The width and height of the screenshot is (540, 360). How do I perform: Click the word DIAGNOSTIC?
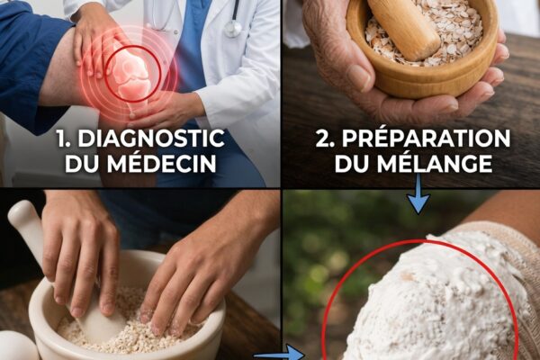pos(151,139)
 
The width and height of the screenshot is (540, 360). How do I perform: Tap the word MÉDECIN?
pos(161,164)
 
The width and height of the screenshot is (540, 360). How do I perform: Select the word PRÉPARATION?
pos(426,139)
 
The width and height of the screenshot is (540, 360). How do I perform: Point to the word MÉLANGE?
pos(435,164)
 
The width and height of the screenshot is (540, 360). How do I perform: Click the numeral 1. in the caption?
pos(65,139)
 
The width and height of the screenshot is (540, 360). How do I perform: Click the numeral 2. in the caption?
pos(326,139)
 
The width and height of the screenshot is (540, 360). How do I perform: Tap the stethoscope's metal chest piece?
pos(233,29)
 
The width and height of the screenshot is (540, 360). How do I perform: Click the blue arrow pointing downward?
pos(418,193)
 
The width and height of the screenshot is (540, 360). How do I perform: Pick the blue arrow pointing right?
pos(279,355)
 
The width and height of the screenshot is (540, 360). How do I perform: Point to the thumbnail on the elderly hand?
pos(359,77)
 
